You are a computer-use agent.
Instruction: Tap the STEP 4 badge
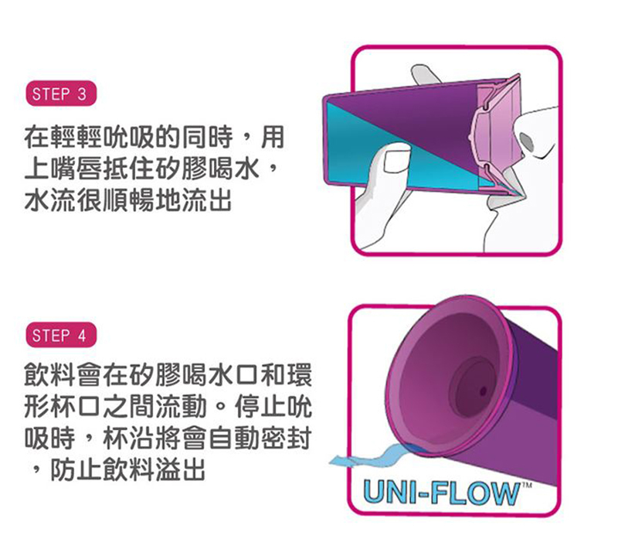[x=61, y=336]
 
